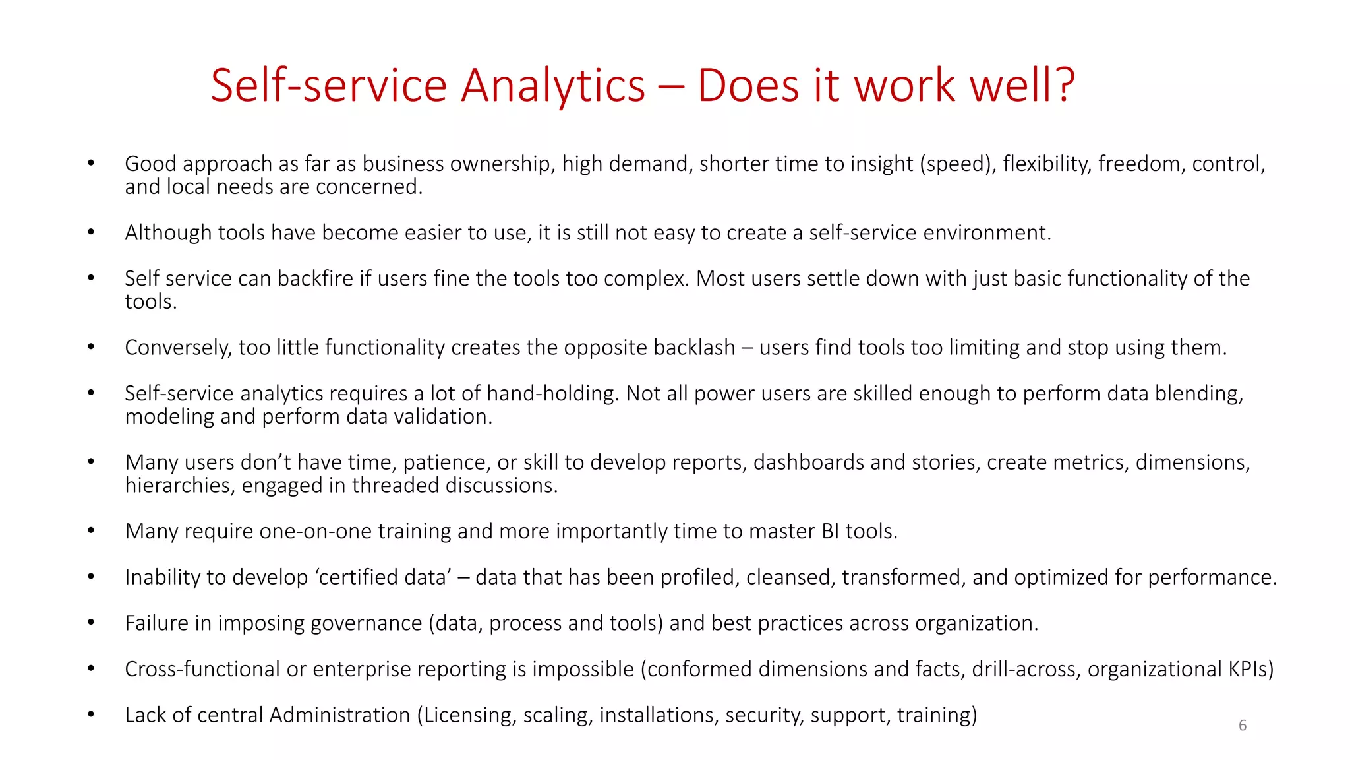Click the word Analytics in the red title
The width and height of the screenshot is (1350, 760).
tap(552, 86)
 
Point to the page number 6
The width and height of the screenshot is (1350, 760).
tap(1243, 726)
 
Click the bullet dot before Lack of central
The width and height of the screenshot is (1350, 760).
tap(91, 714)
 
